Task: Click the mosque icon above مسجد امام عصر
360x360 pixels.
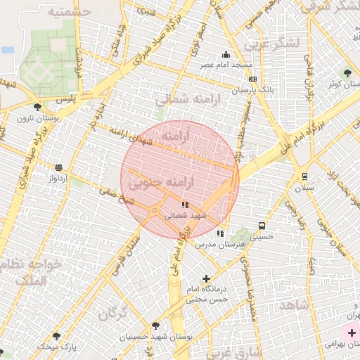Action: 226,54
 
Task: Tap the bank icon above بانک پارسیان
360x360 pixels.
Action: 252,79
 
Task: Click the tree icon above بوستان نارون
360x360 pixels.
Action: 37,107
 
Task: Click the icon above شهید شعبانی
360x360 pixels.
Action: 185,205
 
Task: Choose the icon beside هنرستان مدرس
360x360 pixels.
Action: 220,233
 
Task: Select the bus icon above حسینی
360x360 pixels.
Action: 262,226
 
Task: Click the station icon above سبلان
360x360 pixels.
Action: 304,176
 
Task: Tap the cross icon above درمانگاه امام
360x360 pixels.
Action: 205,279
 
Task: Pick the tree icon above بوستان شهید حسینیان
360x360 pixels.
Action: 155,326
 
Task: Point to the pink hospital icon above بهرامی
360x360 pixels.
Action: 350,332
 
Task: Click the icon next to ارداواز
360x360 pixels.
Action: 58,167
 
